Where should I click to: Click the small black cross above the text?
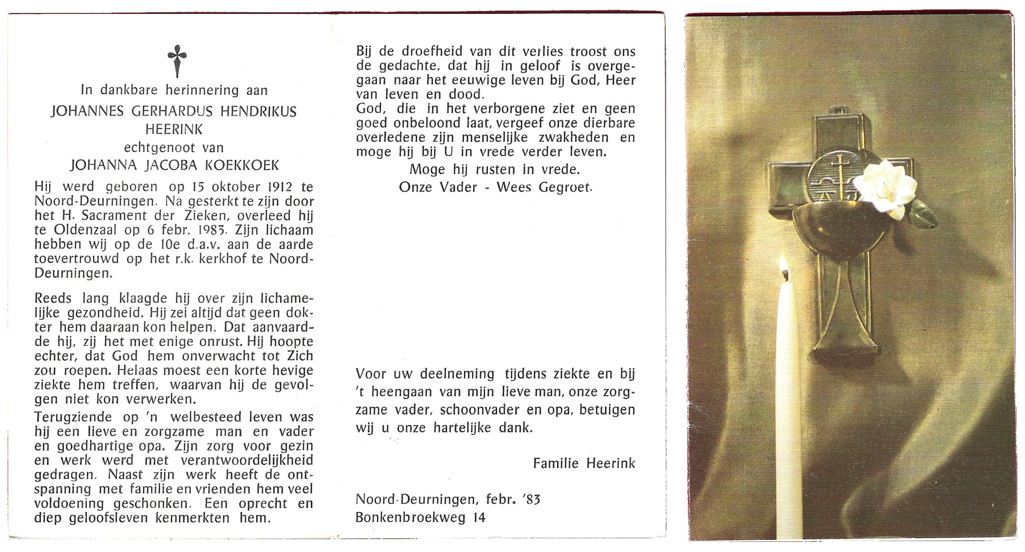pos(177,61)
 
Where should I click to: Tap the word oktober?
pos(235,187)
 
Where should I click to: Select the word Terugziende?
pos(73,417)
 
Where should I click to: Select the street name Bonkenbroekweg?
pos(411,517)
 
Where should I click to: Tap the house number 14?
pos(479,517)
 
